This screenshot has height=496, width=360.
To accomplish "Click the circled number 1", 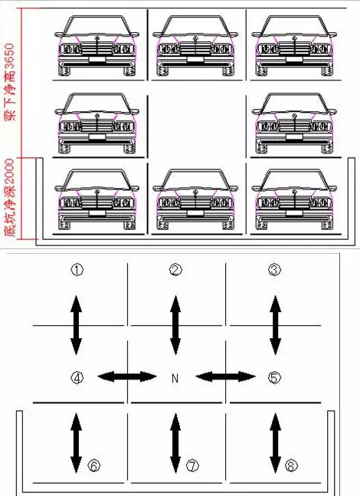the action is pyautogui.click(x=77, y=270).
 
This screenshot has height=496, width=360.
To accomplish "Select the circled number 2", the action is pyautogui.click(x=175, y=270).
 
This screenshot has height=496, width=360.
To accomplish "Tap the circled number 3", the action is pyautogui.click(x=274, y=270).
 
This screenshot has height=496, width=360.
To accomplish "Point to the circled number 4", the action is pyautogui.click(x=77, y=377).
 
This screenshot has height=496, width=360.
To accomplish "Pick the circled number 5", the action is pyautogui.click(x=274, y=377).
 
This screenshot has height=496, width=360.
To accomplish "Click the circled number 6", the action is pyautogui.click(x=94, y=465).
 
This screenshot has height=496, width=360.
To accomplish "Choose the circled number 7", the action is pyautogui.click(x=192, y=465).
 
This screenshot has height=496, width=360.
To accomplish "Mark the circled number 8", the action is pyautogui.click(x=291, y=465).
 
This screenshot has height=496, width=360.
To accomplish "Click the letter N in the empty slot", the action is pyautogui.click(x=175, y=378).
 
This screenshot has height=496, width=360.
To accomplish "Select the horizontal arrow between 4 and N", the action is pyautogui.click(x=127, y=376).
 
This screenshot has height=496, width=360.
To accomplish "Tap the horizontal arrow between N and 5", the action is pyautogui.click(x=225, y=376).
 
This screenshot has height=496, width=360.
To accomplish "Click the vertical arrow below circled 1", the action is pyautogui.click(x=76, y=325).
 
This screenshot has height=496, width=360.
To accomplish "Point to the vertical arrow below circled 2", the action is pyautogui.click(x=175, y=325).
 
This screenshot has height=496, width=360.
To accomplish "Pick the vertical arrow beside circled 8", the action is pyautogui.click(x=275, y=443).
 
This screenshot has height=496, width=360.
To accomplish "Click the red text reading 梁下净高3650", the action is pyautogui.click(x=10, y=83).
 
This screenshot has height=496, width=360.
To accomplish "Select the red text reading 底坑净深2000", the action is pyautogui.click(x=10, y=199).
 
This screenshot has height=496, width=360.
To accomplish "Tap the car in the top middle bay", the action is pyautogui.click(x=195, y=46).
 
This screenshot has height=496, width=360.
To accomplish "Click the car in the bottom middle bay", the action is pyautogui.click(x=195, y=199).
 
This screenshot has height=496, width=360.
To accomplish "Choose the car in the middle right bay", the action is pyautogui.click(x=294, y=123).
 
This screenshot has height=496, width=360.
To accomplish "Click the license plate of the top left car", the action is pyautogui.click(x=97, y=59).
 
